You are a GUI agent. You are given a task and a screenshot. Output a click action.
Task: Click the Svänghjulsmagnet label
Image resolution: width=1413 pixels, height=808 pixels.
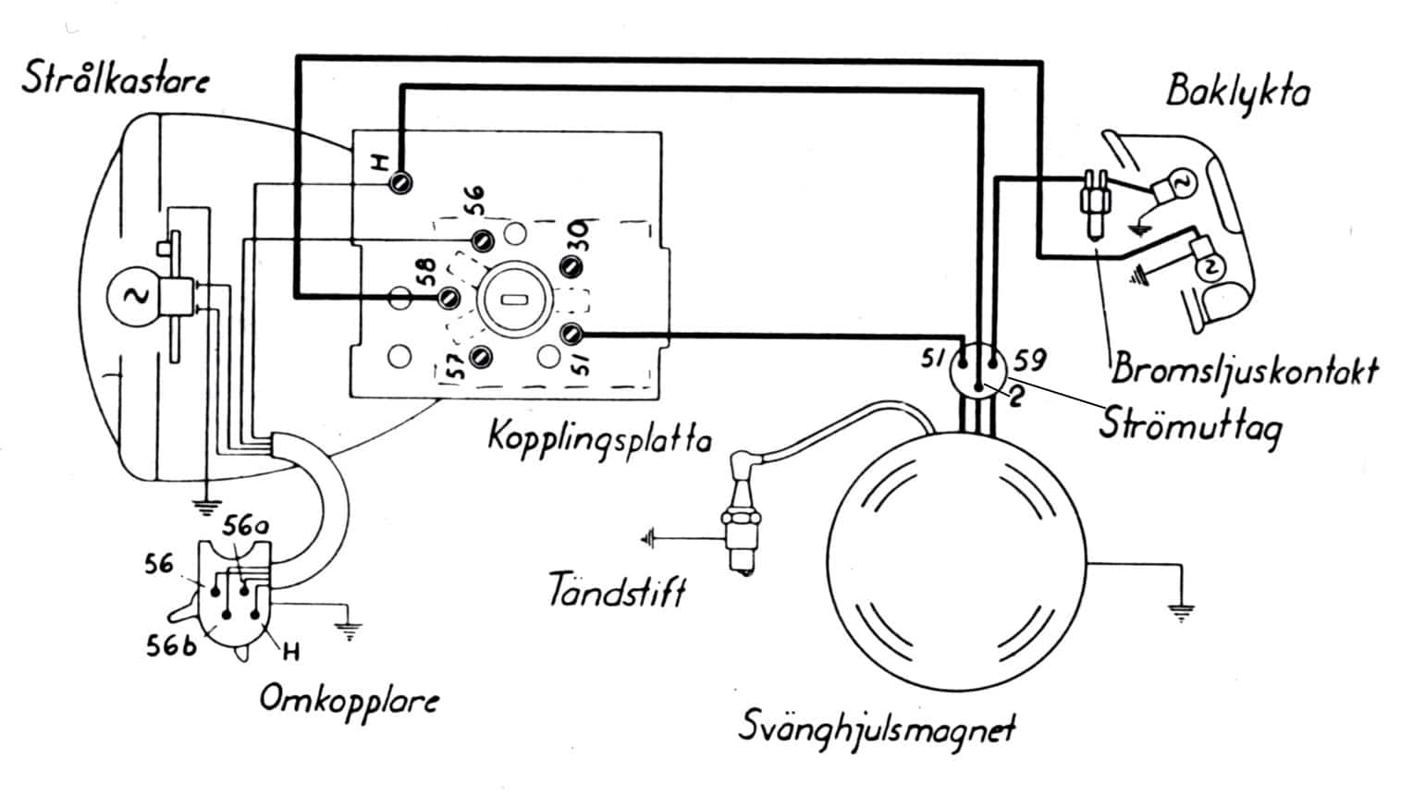click(x=876, y=727)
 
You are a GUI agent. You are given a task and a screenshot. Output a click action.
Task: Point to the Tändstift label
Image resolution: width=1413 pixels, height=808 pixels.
click(x=617, y=588)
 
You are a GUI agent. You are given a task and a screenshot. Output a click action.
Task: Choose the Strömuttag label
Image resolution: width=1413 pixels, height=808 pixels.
click(x=1190, y=424)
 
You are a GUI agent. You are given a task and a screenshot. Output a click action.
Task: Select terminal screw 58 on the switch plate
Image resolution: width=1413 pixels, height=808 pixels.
click(x=449, y=298)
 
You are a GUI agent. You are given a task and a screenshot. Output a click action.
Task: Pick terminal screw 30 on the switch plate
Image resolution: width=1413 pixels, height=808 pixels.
click(x=571, y=267)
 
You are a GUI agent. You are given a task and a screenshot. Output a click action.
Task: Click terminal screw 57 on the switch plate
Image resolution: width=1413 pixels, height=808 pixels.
click(x=480, y=358)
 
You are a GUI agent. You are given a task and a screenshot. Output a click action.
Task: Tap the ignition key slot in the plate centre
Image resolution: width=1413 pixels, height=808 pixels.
click(x=513, y=300)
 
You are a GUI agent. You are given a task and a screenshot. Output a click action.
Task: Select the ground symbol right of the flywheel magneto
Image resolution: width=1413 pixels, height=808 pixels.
click(x=1179, y=611)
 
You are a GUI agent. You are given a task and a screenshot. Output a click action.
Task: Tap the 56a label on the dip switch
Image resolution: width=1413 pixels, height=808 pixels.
click(x=245, y=528)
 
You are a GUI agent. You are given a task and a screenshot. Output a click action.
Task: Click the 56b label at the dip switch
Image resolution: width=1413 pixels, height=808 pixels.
click(x=171, y=646)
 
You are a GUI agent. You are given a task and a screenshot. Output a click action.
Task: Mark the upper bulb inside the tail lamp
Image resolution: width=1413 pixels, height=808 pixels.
click(x=1180, y=184)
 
